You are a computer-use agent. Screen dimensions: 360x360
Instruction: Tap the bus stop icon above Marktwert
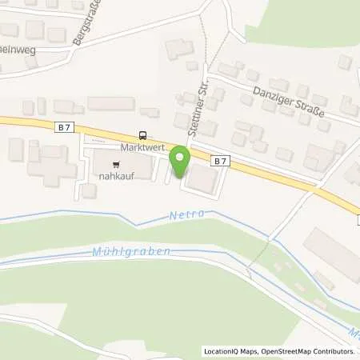pos(142,135)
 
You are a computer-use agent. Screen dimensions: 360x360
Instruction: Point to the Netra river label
pos(188,214)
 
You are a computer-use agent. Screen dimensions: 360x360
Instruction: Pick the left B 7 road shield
pos(64,126)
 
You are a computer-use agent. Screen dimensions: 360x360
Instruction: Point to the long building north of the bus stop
pos(110,104)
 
